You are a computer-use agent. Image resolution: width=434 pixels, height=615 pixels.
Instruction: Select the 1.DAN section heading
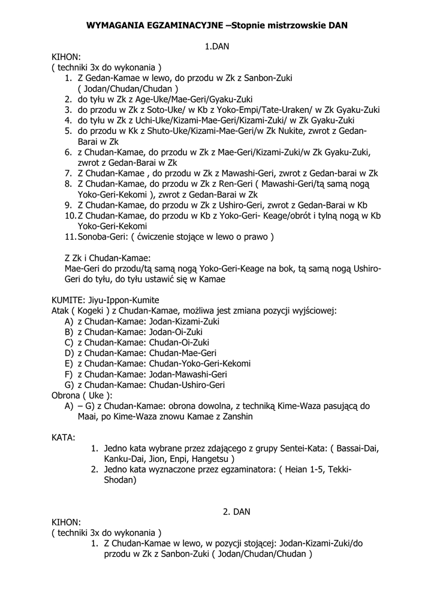pos(217,46)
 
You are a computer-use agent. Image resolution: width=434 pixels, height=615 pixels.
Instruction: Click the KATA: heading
pos(64,437)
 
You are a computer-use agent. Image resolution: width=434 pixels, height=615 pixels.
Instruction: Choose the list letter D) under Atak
pos(69,353)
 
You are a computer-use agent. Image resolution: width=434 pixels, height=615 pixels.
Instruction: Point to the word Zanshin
pos(236,416)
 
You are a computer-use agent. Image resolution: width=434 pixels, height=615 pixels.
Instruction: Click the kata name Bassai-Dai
pos(358,448)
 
